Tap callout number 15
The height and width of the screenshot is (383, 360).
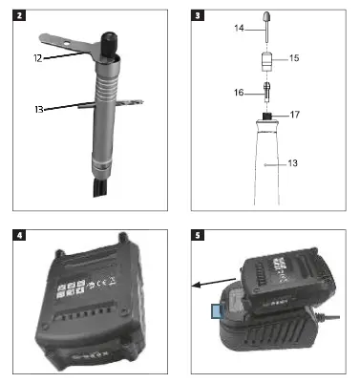pyautogui.click(x=294, y=58)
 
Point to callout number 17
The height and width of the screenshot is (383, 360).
pyautogui.click(x=294, y=115)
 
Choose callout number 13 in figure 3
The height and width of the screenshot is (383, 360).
pyautogui.click(x=293, y=163)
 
